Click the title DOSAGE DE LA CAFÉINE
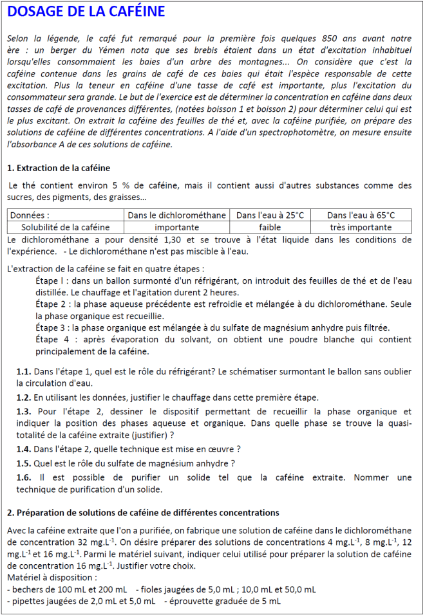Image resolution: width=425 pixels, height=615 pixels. pyautogui.click(x=88, y=12)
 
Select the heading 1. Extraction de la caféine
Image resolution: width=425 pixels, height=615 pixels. pyautogui.click(x=59, y=169)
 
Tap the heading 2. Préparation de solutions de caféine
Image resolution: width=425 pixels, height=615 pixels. pyautogui.click(x=143, y=513)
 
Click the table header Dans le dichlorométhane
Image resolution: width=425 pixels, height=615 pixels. pyautogui.click(x=177, y=216)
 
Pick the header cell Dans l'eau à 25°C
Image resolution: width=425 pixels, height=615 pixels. pyautogui.click(x=270, y=216)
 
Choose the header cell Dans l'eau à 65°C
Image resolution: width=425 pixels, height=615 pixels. pyautogui.click(x=361, y=216)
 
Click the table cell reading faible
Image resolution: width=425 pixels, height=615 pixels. pyautogui.click(x=270, y=227)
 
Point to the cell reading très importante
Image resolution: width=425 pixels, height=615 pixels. pyautogui.click(x=361, y=227)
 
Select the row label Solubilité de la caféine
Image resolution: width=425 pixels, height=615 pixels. pyautogui.click(x=65, y=227)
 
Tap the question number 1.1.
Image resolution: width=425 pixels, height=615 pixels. pyautogui.click(x=24, y=372)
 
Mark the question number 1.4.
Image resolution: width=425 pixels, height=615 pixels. pyautogui.click(x=24, y=449)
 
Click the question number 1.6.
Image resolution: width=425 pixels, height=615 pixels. pyautogui.click(x=24, y=477)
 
